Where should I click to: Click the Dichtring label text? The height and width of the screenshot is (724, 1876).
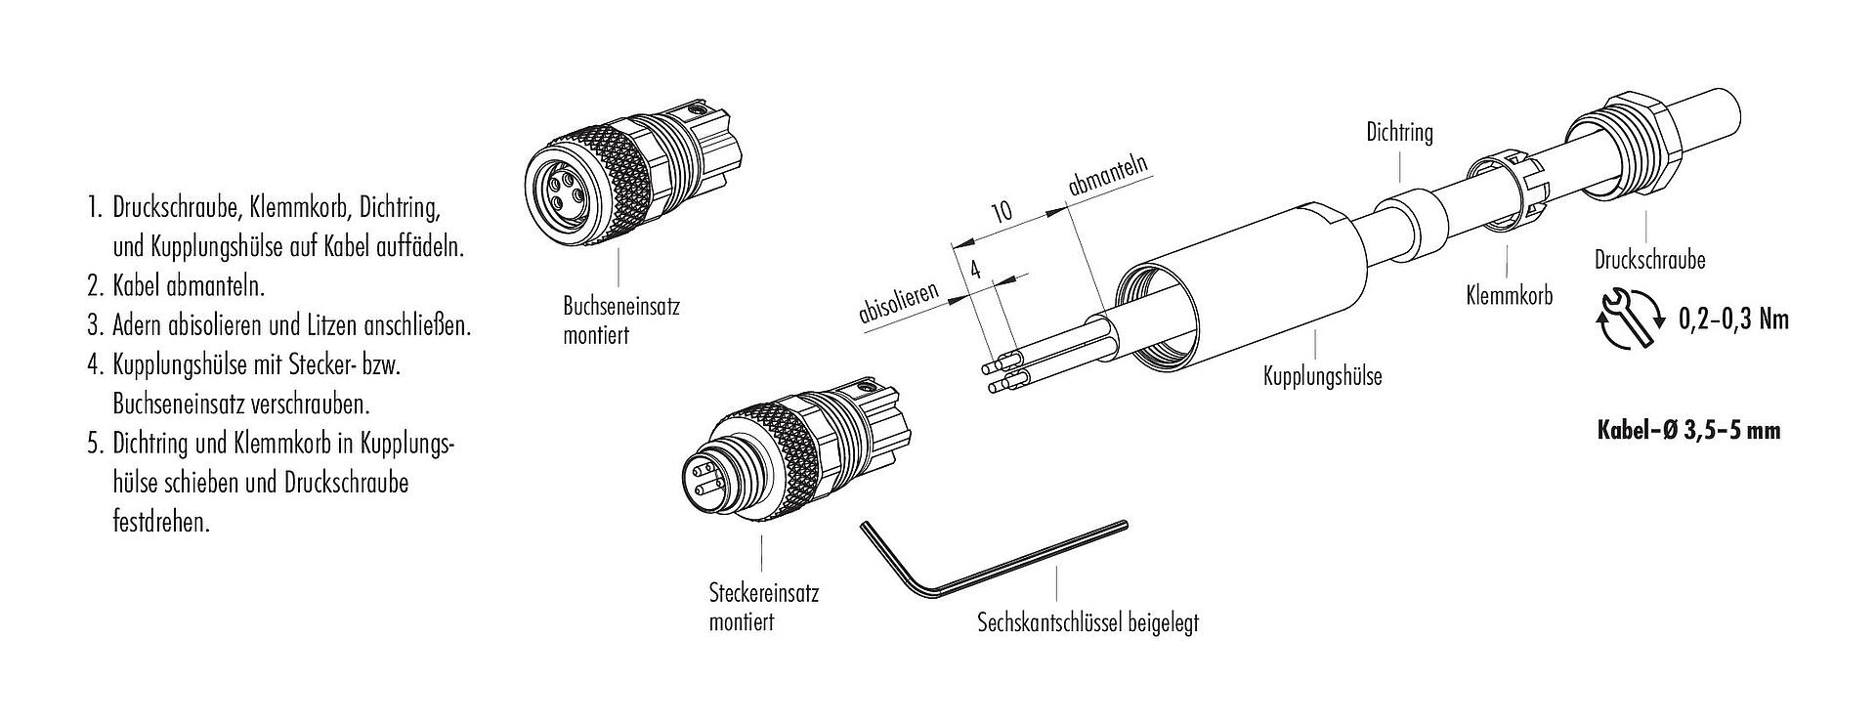(x=1399, y=133)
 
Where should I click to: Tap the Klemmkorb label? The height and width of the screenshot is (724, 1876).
(x=1509, y=295)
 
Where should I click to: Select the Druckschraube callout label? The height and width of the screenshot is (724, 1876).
(x=1649, y=261)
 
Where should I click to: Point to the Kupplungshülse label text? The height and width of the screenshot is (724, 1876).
(x=1322, y=376)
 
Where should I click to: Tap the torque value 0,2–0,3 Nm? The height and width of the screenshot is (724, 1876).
(x=1733, y=319)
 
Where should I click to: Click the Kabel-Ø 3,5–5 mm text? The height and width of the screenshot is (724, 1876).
(x=1688, y=430)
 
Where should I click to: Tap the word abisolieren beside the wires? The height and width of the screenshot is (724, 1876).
(x=899, y=303)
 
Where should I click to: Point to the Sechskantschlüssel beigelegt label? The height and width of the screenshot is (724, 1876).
(x=1087, y=622)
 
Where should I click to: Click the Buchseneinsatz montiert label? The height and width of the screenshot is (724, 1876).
(x=621, y=320)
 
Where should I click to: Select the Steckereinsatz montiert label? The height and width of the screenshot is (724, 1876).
(x=763, y=607)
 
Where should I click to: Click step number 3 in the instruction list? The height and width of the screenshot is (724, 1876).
(x=94, y=325)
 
